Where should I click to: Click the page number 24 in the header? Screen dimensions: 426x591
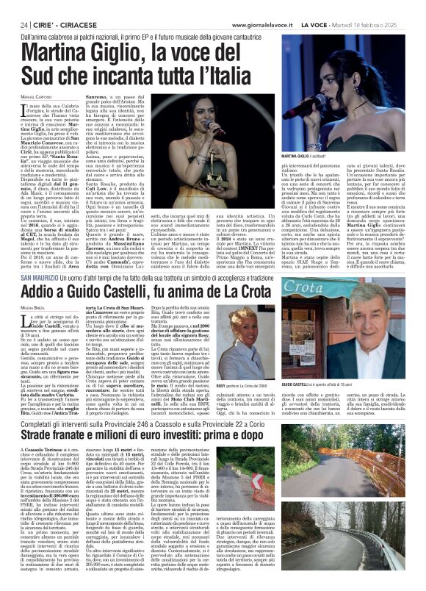pyautogui.click(x=24, y=7)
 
